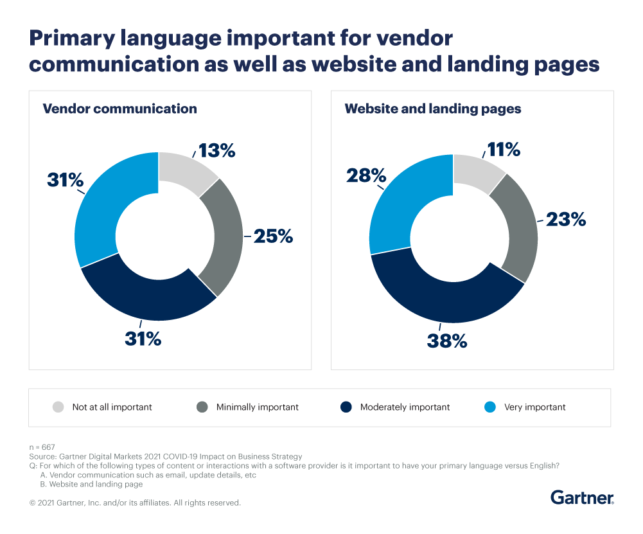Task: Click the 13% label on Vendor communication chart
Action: (x=216, y=151)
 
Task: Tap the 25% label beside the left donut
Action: (x=272, y=236)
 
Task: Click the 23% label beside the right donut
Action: (x=567, y=219)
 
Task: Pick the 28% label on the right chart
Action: (x=366, y=175)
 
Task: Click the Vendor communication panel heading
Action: (x=119, y=109)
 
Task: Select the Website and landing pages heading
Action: (x=433, y=109)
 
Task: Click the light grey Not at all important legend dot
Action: (x=58, y=407)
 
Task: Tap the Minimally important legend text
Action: (x=257, y=407)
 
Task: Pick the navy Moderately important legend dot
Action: (x=346, y=407)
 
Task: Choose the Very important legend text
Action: (x=534, y=407)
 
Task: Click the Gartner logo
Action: (x=582, y=497)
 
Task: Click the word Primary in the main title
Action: (x=76, y=39)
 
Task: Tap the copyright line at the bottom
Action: (x=135, y=503)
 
